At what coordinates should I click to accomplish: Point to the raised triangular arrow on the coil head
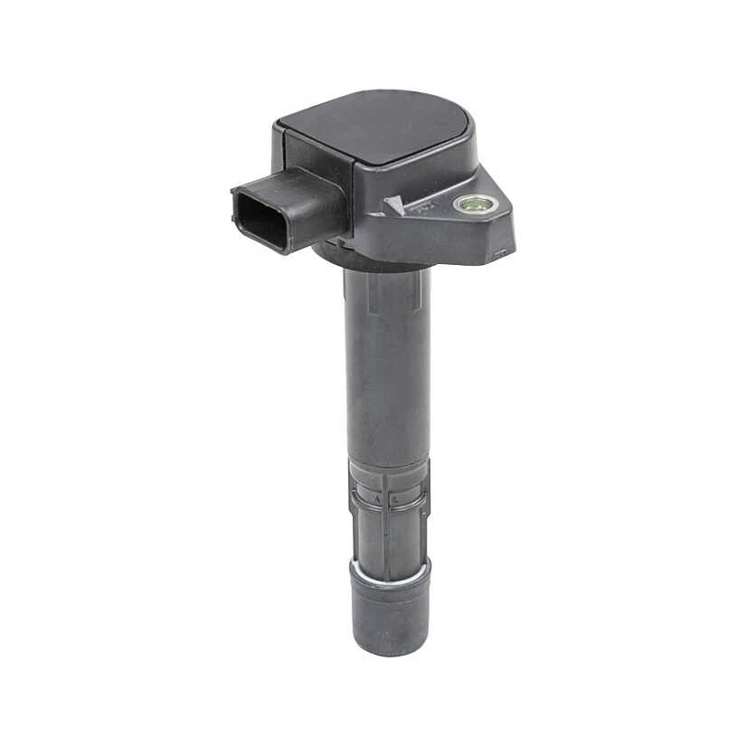(x=395, y=207)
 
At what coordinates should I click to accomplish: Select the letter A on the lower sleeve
(x=378, y=498)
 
